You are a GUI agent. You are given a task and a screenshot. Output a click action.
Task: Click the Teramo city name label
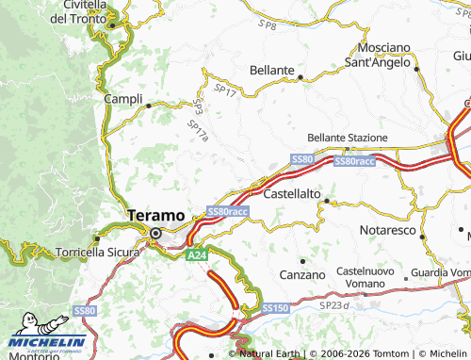[x=156, y=215]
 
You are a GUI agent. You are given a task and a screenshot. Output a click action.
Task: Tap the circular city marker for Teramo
[x=156, y=233]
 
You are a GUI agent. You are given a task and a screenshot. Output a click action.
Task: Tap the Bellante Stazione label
[x=348, y=138]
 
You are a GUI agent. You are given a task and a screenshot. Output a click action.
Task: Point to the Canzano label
[x=302, y=274]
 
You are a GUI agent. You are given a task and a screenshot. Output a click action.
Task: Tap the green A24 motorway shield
[x=195, y=254]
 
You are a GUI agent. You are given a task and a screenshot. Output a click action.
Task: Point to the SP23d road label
[x=333, y=305]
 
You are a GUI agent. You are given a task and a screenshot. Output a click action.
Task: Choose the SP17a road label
[x=197, y=129]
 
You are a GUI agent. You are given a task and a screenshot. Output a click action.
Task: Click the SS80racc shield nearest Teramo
[x=227, y=211]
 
